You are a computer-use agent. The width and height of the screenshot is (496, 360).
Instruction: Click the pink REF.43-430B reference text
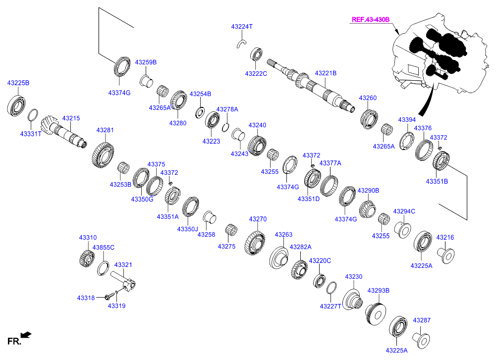click(x=371, y=20)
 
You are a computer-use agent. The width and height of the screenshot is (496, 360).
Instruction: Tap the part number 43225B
click(x=18, y=83)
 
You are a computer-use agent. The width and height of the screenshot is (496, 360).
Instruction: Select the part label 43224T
click(x=242, y=26)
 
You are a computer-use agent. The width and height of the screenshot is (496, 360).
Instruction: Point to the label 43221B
click(x=326, y=73)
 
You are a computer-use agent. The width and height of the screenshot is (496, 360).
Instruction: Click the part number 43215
click(x=71, y=118)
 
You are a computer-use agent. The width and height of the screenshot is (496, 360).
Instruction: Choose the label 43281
click(x=105, y=130)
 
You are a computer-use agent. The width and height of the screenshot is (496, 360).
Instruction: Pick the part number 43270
click(x=258, y=218)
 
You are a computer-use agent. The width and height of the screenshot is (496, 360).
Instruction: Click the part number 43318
click(x=86, y=298)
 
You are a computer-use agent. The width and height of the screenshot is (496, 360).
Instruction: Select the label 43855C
click(x=104, y=247)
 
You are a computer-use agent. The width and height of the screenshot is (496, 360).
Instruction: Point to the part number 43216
click(x=444, y=238)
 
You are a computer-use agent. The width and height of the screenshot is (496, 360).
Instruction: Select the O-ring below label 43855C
click(x=103, y=268)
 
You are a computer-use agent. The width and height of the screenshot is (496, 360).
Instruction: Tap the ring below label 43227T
click(x=331, y=288)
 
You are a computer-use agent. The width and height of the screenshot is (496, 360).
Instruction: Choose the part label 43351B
click(x=437, y=182)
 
